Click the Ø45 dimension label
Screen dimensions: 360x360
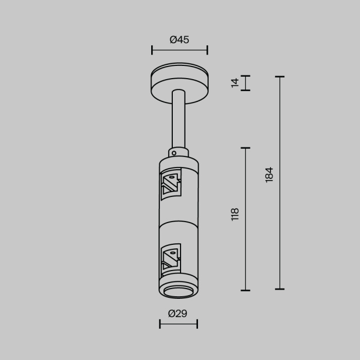pos(179,40)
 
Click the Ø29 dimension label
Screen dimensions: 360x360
pos(177,313)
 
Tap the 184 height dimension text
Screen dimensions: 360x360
pos(269,175)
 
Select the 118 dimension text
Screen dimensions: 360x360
pos(236,214)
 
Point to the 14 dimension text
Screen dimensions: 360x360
pos(236,83)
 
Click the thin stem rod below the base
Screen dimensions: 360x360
pos(178,121)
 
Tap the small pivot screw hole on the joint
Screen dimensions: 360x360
pos(175,153)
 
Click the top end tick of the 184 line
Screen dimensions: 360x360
pos(280,77)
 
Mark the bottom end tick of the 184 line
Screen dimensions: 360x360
pos(280,289)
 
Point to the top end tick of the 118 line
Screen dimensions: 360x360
pos(245,148)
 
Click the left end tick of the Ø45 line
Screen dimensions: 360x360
pos(152,50)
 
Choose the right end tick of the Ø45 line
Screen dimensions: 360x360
pos(207,50)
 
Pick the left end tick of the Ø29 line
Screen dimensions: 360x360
pos(160,323)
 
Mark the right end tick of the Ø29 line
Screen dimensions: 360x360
pos(197,323)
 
